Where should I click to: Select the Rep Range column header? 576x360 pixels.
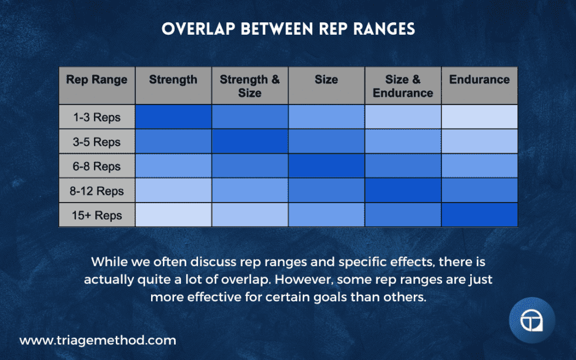click(97, 80)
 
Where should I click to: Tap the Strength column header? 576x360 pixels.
click(173, 80)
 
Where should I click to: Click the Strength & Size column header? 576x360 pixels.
click(250, 86)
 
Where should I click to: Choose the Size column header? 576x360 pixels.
click(326, 80)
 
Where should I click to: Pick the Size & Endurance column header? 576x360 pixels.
click(403, 86)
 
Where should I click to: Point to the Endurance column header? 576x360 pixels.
click(480, 80)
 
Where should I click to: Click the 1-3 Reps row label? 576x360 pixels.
click(97, 117)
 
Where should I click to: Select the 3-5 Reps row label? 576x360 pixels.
click(97, 142)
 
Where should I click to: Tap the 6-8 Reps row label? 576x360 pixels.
click(97, 166)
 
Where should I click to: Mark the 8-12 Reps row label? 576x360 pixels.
click(97, 191)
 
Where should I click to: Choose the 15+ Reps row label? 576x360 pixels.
click(97, 215)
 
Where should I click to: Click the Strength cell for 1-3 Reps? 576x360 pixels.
click(173, 117)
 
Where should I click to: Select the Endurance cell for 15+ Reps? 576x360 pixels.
click(480, 215)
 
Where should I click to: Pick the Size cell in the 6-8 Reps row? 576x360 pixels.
click(326, 166)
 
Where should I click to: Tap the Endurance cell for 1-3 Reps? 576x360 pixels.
click(480, 117)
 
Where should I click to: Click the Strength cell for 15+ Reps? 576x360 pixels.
click(173, 215)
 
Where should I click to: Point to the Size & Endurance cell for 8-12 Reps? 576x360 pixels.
click(403, 191)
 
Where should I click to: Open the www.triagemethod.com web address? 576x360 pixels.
click(98, 340)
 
